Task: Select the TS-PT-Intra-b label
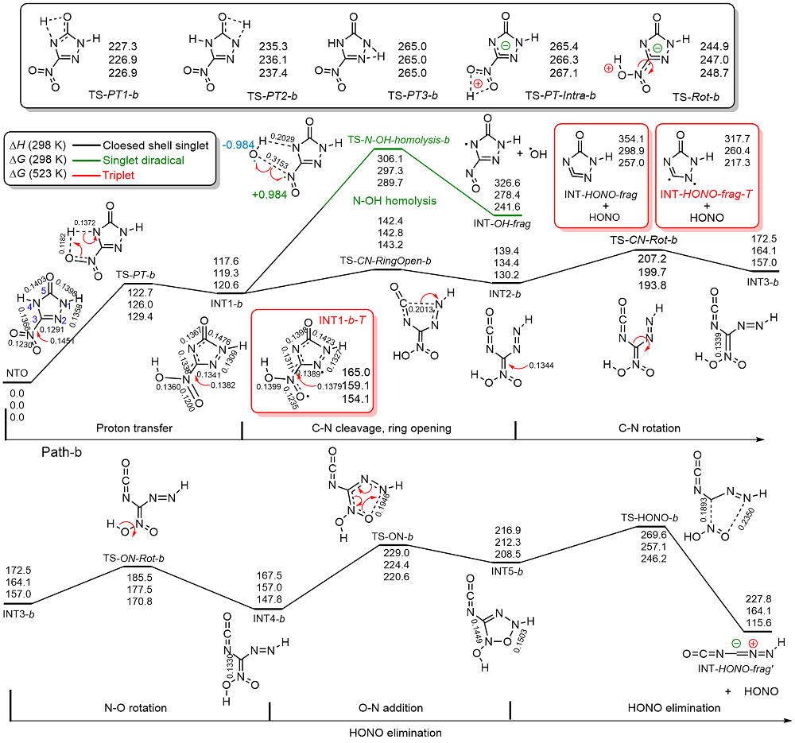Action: pos(560,94)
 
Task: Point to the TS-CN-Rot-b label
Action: pos(643,239)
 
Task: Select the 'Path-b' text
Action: pos(65,453)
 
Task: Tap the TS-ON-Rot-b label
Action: pos(133,559)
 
